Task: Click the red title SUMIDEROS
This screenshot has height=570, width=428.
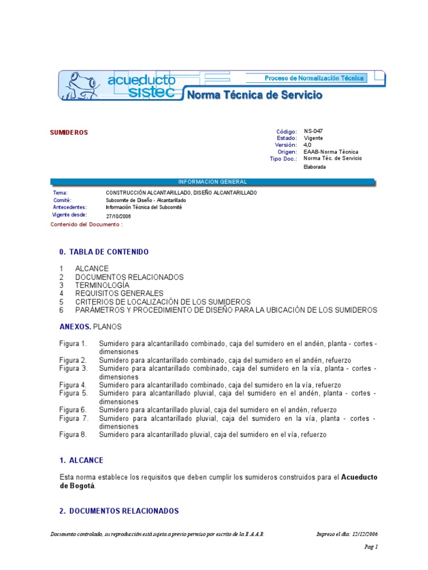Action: click(69, 132)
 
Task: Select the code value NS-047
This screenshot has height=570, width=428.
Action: click(313, 131)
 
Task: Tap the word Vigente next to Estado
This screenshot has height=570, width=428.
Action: click(313, 138)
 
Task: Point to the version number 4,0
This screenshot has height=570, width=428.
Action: click(308, 145)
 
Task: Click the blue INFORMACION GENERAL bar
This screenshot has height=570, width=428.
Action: click(212, 181)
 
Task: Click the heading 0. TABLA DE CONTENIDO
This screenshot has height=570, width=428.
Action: click(104, 252)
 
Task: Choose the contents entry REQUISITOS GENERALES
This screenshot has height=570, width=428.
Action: click(119, 293)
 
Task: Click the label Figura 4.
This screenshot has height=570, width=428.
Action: click(73, 385)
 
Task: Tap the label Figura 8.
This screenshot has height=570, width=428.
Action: click(73, 434)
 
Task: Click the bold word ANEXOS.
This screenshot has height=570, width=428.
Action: click(75, 327)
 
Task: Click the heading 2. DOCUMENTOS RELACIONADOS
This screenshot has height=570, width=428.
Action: click(119, 511)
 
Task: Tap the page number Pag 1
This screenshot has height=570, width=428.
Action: click(372, 547)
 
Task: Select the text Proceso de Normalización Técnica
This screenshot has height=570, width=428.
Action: click(314, 78)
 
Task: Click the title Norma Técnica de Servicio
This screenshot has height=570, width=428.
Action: click(255, 95)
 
